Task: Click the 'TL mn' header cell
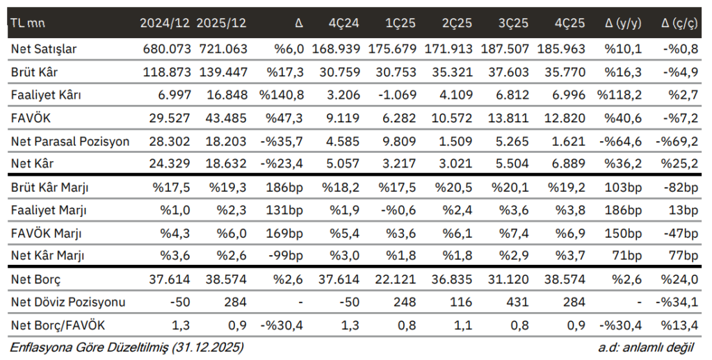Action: [27, 23]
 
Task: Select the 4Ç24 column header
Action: [343, 23]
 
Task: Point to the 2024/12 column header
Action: [165, 23]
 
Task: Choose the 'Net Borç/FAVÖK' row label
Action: [54, 325]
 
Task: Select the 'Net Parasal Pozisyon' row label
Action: [70, 141]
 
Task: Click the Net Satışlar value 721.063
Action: [222, 49]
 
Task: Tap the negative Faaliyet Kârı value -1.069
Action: [398, 95]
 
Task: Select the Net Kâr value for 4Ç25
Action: [569, 164]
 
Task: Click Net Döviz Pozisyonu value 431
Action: [515, 302]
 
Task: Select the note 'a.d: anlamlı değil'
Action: [651, 346]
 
